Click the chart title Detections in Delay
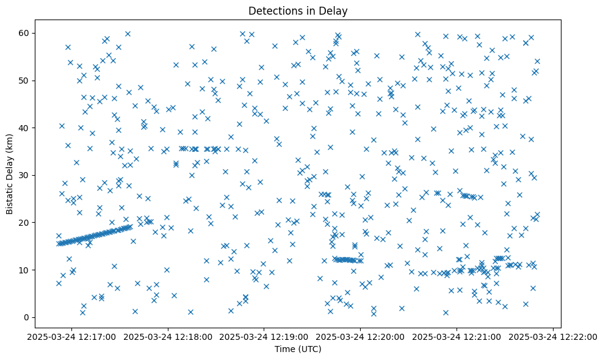coord(298,10)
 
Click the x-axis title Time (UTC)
coord(298,349)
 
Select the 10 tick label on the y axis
coord(26,270)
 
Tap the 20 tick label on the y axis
coord(26,223)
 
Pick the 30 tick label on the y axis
coord(26,175)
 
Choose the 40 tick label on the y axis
coord(26,128)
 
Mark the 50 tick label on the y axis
coord(26,81)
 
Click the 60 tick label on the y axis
coord(26,33)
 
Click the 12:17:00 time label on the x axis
coord(72,336)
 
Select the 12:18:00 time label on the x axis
coord(168,336)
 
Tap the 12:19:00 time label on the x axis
coord(264,336)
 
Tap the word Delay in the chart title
coord(335,10)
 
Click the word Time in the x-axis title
coord(284,349)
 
